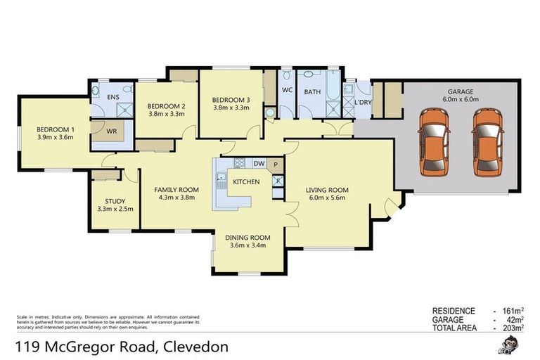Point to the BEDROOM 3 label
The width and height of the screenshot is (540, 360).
click(231, 100)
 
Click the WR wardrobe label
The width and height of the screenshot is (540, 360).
click(111, 131)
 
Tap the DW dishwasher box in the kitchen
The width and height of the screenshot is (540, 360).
click(258, 164)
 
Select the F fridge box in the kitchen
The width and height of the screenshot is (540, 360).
click(278, 181)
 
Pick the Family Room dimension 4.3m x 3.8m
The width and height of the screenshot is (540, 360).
click(176, 198)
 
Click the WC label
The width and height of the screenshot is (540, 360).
click(287, 91)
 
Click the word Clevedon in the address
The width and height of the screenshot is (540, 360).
click(195, 347)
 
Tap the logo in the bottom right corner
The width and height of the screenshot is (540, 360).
click(510, 345)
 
